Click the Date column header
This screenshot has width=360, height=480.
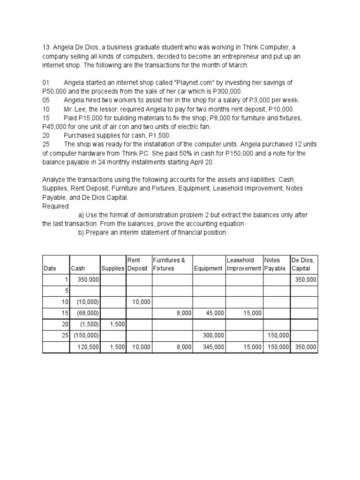point(50,269)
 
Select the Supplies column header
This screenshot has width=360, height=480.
point(112,269)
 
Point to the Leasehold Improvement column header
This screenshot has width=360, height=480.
point(243,264)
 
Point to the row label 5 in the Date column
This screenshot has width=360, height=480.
point(67,291)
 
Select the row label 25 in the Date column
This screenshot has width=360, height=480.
point(65,336)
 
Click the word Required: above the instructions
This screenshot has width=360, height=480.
point(56,206)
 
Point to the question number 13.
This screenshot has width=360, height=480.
point(46,47)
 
